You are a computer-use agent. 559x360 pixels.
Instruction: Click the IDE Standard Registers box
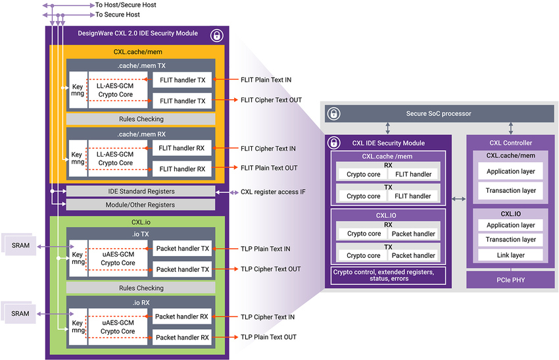(141, 191)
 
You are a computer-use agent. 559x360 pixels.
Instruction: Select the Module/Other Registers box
(141, 205)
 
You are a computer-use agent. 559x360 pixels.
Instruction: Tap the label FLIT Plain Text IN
(266, 80)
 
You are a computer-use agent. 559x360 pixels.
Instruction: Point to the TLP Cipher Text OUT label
(270, 269)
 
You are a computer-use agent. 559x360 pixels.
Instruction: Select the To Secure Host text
(118, 14)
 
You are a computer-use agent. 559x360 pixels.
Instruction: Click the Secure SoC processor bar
(439, 113)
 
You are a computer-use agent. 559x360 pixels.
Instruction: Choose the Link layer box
(510, 255)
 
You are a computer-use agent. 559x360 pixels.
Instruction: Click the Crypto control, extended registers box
(388, 274)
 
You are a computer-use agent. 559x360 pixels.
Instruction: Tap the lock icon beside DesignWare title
(216, 35)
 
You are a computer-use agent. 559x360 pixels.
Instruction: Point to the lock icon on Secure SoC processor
(334, 113)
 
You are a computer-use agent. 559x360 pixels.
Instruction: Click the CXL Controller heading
(511, 143)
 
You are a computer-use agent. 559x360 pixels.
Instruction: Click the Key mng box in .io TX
(78, 259)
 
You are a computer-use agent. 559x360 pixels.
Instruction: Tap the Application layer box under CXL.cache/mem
(510, 172)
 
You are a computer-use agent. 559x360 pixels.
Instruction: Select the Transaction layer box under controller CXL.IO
(510, 240)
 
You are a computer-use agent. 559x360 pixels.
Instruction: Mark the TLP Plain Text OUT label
(268, 337)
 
